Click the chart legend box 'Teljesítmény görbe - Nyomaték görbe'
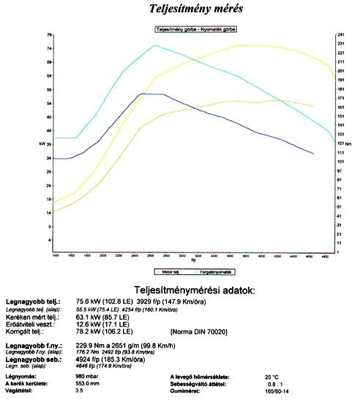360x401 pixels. (x=195, y=29)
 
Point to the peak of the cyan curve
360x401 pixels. (x=155, y=45)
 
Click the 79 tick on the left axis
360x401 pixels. (x=48, y=34)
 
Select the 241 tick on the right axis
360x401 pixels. (x=340, y=34)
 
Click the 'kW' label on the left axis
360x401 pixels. (x=42, y=144)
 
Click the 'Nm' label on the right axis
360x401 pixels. (x=348, y=144)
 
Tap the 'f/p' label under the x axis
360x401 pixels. (x=194, y=260)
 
